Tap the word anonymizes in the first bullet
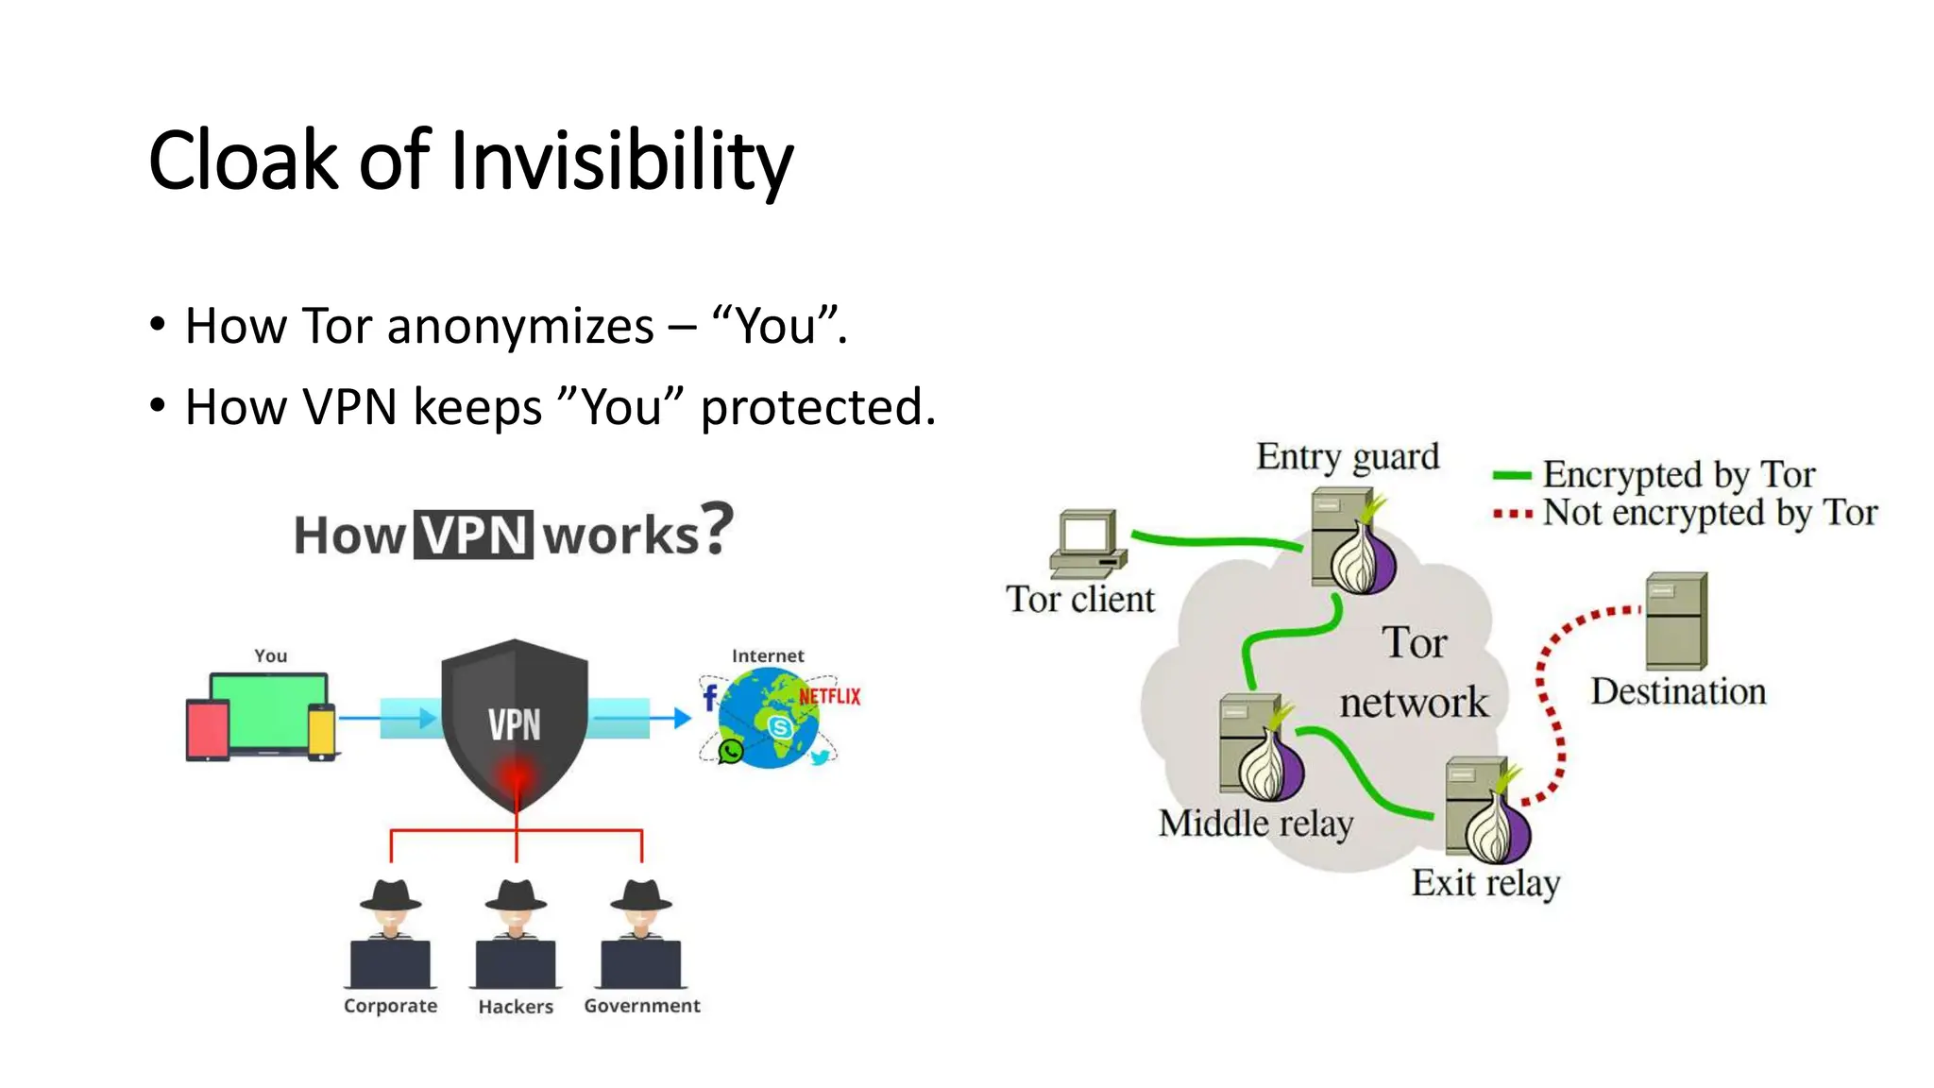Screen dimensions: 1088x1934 pyautogui.click(x=520, y=327)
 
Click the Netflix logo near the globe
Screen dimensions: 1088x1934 pyautogui.click(x=830, y=697)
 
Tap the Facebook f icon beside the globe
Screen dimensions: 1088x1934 pyautogui.click(x=710, y=698)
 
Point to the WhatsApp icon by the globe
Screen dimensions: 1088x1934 pyautogui.click(x=730, y=751)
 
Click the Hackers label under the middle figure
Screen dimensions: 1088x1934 pyautogui.click(x=516, y=1007)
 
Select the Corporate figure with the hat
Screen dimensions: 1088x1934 pyautogui.click(x=390, y=934)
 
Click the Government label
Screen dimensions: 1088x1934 pyautogui.click(x=642, y=1006)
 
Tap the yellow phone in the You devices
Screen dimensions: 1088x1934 pyautogui.click(x=322, y=731)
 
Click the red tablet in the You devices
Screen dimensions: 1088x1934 pyautogui.click(x=208, y=731)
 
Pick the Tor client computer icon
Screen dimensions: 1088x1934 pyautogui.click(x=1089, y=543)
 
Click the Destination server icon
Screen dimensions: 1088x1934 pyautogui.click(x=1676, y=621)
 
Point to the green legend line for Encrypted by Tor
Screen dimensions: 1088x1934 pyautogui.click(x=1511, y=476)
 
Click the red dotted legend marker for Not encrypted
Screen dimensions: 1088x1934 pyautogui.click(x=1511, y=515)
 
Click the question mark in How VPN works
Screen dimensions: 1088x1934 pyautogui.click(x=718, y=529)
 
